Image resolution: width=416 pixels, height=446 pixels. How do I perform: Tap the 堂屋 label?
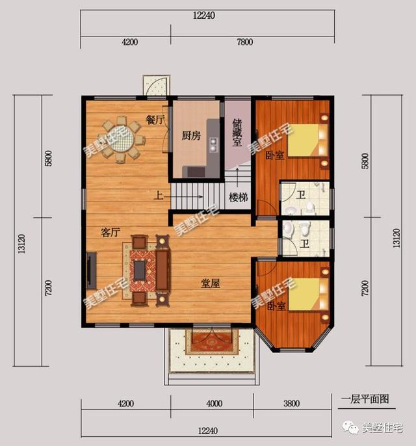(x=209, y=283)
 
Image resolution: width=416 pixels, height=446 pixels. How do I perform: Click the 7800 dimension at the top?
(x=245, y=42)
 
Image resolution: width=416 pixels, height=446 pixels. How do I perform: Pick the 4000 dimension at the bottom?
(x=214, y=403)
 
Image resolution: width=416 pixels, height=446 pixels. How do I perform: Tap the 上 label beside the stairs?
(x=158, y=194)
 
